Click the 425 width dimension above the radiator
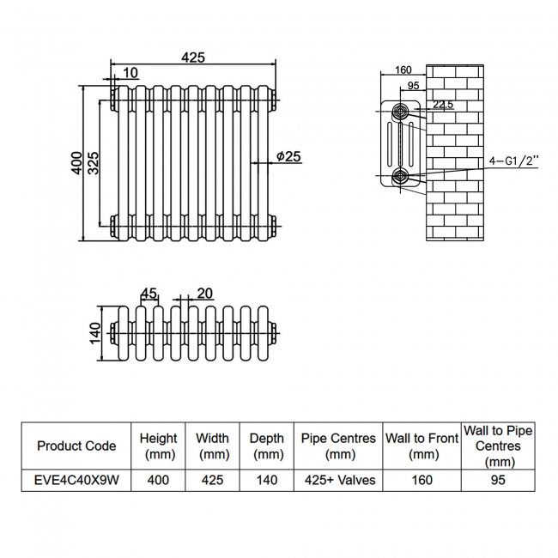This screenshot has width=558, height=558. pyautogui.click(x=193, y=58)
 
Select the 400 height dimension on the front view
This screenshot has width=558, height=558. pyautogui.click(x=76, y=163)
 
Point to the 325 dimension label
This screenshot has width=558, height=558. pyautogui.click(x=93, y=163)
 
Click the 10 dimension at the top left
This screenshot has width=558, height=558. pyautogui.click(x=130, y=74)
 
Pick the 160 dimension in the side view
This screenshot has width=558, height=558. pyautogui.click(x=403, y=70)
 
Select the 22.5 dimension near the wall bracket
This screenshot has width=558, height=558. pyautogui.click(x=443, y=105)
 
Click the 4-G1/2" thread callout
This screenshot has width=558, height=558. pyautogui.click(x=513, y=161)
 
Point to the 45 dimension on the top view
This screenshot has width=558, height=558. pyautogui.click(x=149, y=294)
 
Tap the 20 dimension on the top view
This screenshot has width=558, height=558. pyautogui.click(x=204, y=294)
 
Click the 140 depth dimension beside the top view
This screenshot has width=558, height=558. pyautogui.click(x=95, y=331)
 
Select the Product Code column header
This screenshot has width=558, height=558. pyautogui.click(x=76, y=446)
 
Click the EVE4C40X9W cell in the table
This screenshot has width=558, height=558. pyautogui.click(x=76, y=480)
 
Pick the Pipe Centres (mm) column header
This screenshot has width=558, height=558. pyautogui.click(x=338, y=446)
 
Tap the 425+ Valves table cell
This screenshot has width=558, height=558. pyautogui.click(x=338, y=480)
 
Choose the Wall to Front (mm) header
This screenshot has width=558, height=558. pyautogui.click(x=422, y=446)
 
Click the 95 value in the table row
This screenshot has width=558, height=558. pyautogui.click(x=498, y=480)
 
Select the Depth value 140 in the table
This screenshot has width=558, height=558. pyautogui.click(x=267, y=480)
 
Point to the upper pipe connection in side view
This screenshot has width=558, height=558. pyautogui.click(x=401, y=111)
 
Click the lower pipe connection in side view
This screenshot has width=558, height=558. pyautogui.click(x=401, y=177)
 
